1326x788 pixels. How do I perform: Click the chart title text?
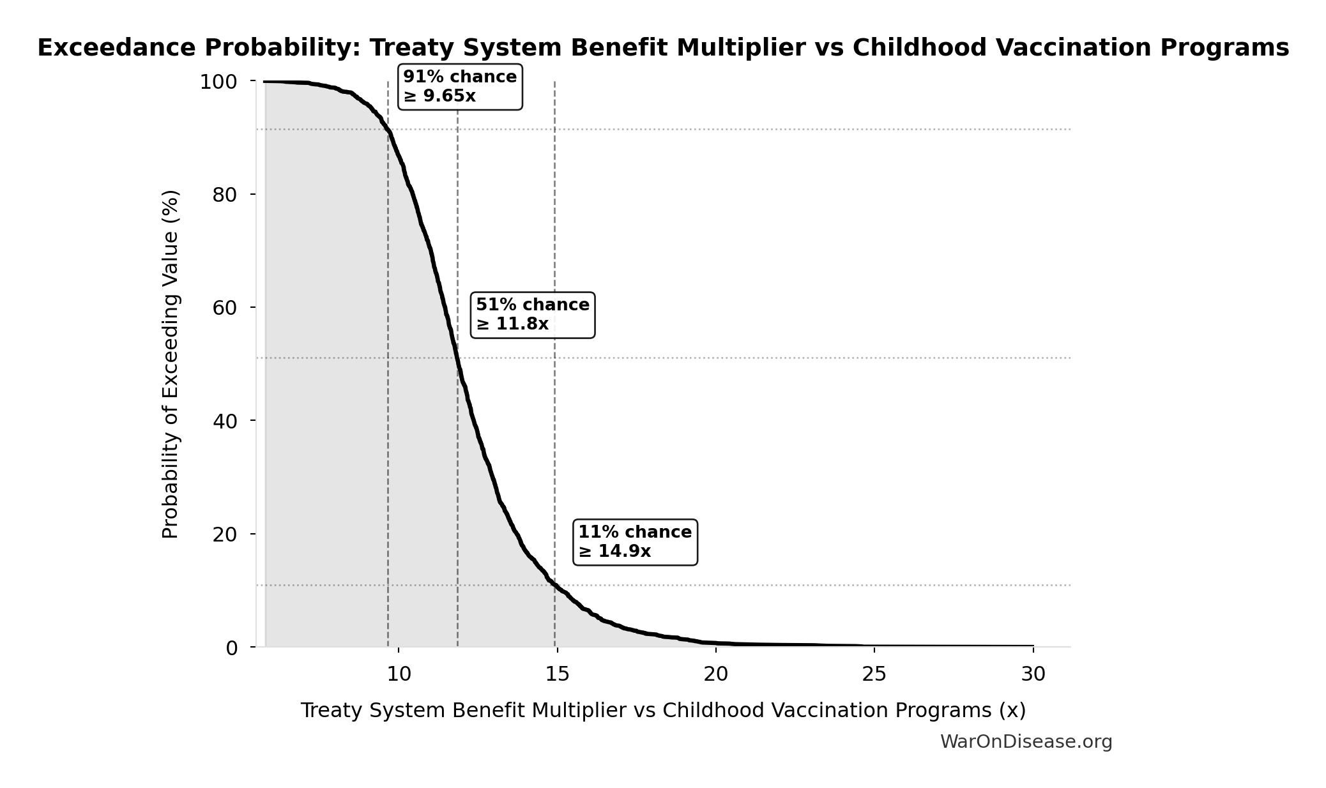[663, 48]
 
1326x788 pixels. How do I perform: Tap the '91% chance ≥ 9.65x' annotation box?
[460, 87]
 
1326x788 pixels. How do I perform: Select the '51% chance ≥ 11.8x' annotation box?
[533, 315]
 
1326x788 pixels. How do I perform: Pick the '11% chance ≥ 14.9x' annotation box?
[635, 542]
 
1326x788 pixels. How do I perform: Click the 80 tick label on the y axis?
[225, 195]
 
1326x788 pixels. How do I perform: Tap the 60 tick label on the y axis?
[225, 308]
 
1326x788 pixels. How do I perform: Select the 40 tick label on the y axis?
[225, 421]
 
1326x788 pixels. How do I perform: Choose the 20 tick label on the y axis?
[225, 534]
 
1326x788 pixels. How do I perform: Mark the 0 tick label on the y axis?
[231, 648]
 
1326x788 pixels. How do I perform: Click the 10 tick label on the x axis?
[399, 674]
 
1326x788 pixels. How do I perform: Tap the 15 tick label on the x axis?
[558, 674]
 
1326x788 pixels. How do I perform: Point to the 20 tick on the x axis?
[716, 674]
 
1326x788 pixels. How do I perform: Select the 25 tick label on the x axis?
[874, 674]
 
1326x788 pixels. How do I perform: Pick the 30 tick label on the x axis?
[1033, 674]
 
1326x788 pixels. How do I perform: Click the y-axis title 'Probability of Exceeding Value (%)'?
[170, 364]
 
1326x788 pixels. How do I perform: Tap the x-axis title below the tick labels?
[663, 710]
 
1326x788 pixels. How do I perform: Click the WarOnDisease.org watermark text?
[1026, 742]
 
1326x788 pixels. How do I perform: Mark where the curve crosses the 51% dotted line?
[457, 358]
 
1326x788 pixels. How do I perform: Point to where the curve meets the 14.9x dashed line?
[554, 585]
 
